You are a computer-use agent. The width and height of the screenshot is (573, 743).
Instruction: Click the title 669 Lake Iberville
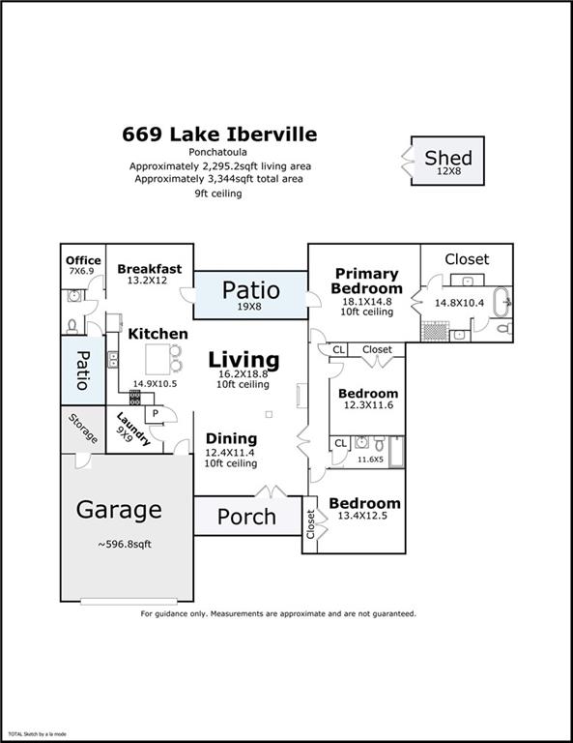(x=219, y=134)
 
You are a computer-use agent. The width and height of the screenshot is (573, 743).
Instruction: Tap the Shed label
(x=447, y=158)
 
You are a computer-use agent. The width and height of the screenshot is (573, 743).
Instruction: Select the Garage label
(x=119, y=509)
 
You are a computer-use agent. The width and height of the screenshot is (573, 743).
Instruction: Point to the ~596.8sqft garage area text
(x=124, y=544)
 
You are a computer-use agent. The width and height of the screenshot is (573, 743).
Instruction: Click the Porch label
(x=245, y=517)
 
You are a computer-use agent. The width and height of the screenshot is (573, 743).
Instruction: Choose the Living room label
(x=244, y=360)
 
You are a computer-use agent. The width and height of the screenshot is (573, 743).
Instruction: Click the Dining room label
(x=230, y=438)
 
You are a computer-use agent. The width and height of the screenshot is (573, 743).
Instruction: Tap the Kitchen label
(x=158, y=333)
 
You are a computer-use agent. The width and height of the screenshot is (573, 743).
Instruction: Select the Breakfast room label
(x=149, y=269)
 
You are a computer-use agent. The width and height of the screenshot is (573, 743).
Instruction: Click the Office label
(x=82, y=260)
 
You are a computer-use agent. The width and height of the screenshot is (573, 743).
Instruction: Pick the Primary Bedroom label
(x=366, y=281)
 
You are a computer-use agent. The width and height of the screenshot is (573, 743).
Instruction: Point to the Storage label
(x=83, y=430)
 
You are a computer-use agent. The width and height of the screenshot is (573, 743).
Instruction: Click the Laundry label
(x=132, y=430)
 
